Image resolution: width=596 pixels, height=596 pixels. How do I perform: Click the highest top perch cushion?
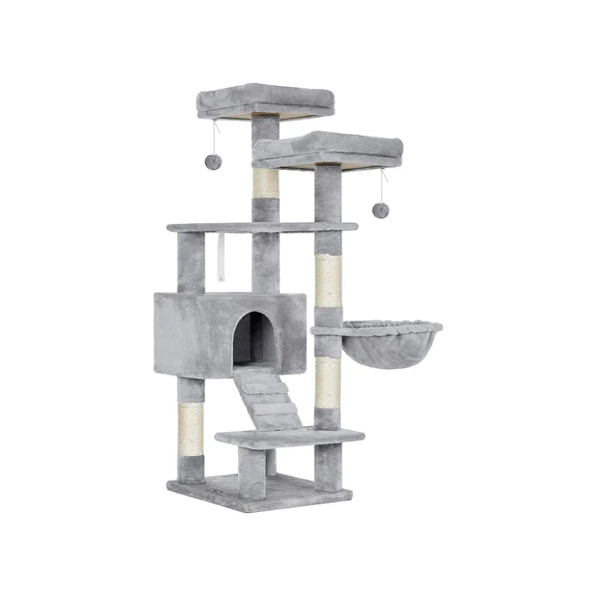click(265, 100)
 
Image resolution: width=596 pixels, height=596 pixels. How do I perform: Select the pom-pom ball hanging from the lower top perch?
click(380, 210)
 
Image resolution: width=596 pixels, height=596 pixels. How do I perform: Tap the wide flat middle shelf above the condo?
click(261, 227)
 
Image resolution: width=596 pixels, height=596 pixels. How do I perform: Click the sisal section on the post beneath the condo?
click(190, 429)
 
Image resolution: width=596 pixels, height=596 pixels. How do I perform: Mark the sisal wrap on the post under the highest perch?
click(265, 183)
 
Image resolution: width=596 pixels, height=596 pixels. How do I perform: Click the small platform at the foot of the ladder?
click(289, 437)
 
